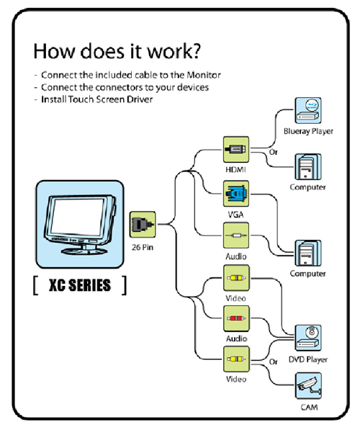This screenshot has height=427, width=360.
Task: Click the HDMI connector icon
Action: click(236, 150)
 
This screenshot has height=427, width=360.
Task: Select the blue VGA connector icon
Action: click(236, 194)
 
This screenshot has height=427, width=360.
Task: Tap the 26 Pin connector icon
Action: click(143, 225)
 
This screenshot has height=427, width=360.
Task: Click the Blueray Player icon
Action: click(308, 111)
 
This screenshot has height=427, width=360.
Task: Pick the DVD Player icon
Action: click(308, 338)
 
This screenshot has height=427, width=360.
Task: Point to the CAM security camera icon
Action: click(308, 386)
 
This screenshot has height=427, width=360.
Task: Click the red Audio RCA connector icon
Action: click(236, 318)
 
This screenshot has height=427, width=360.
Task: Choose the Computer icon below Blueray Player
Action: click(308, 166)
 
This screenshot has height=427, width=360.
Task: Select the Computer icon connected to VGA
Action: click(308, 253)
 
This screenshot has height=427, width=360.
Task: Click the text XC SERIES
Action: click(80, 285)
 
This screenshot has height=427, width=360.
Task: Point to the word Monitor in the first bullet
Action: click(204, 75)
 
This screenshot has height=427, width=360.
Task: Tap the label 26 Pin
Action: click(143, 247)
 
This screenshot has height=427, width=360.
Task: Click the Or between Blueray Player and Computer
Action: click(274, 152)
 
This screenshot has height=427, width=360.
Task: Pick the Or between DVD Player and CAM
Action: click(274, 361)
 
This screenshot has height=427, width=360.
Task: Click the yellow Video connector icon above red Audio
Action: click(236, 278)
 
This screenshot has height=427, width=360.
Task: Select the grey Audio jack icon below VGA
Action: click(236, 235)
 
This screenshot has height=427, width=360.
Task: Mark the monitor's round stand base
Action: click(84, 251)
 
